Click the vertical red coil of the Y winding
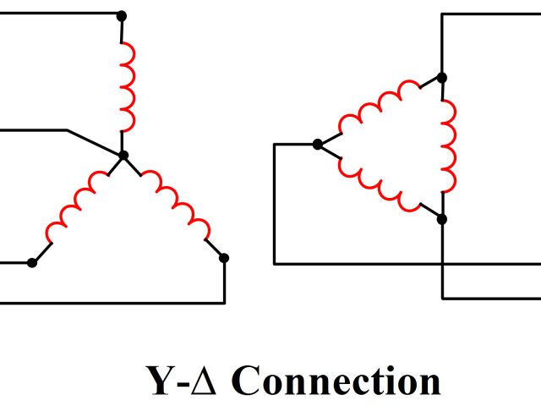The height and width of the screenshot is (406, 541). pyautogui.click(x=128, y=85)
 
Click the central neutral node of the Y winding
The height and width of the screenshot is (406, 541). pyautogui.click(x=123, y=156)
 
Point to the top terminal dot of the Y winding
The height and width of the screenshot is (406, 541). pyautogui.click(x=122, y=15)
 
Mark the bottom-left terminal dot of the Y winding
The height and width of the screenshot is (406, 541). pyautogui.click(x=32, y=263)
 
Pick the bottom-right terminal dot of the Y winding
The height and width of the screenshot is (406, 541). pyautogui.click(x=224, y=257)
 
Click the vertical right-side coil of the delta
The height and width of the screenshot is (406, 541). pyautogui.click(x=448, y=148)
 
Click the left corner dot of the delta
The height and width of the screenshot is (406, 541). pyautogui.click(x=317, y=145)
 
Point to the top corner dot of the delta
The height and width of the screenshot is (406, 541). pyautogui.click(x=442, y=77)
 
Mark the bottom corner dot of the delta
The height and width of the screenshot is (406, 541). pyautogui.click(x=442, y=218)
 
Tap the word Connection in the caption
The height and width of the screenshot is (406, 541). pyautogui.click(x=336, y=381)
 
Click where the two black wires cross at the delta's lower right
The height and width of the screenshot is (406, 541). pyautogui.click(x=442, y=264)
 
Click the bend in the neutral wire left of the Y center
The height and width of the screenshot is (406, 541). pyautogui.click(x=67, y=130)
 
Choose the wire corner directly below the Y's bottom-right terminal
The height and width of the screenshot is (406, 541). pyautogui.click(x=224, y=302)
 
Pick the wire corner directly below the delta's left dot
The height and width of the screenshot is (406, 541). pyautogui.click(x=275, y=264)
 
